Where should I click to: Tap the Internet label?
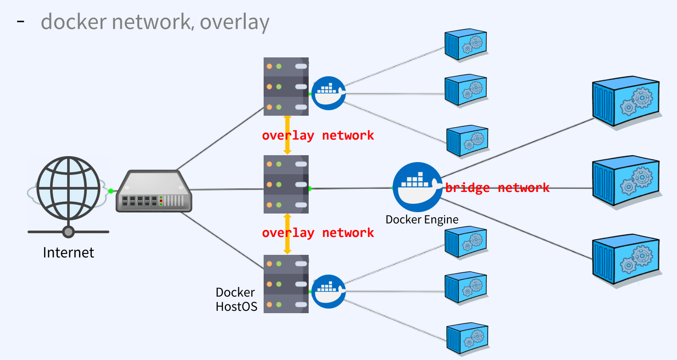(68, 253)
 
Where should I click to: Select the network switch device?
(154, 191)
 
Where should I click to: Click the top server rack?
(286, 86)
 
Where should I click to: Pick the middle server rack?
(286, 185)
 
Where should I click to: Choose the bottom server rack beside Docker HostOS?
(286, 284)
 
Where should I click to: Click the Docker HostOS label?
(237, 299)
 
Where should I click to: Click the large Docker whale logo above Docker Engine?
(417, 187)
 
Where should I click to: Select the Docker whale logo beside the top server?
(328, 93)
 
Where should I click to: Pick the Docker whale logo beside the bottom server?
(328, 292)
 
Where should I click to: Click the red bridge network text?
(497, 188)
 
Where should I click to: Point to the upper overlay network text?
(318, 135)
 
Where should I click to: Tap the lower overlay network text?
(318, 233)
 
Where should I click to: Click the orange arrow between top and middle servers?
(288, 135)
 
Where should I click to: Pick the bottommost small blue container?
(468, 338)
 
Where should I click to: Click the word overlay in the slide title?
(235, 22)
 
